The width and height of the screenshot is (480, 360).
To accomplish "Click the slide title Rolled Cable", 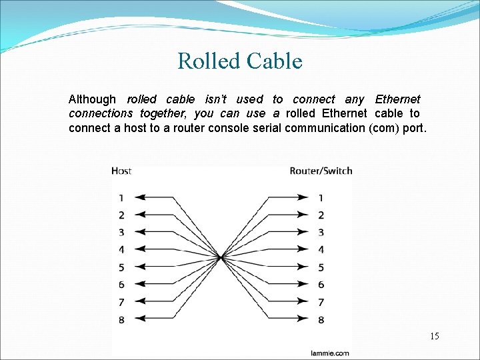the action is point(240,61).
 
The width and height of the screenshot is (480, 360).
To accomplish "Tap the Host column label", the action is point(121,171).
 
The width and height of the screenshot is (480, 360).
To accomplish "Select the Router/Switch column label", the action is point(321,171).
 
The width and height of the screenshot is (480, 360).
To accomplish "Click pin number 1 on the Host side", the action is point(121,197).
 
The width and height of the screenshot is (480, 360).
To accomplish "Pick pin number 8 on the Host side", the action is point(121,319).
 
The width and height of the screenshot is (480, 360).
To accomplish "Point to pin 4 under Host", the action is point(121,249).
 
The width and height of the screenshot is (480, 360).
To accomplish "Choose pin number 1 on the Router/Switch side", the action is point(321,197).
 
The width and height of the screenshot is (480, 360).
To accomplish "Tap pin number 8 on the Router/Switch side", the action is point(321,319).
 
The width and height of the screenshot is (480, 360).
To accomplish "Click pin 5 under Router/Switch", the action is point(321,267).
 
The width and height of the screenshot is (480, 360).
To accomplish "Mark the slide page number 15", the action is point(434,336).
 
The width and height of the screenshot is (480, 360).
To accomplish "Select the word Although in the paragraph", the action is point(92,99).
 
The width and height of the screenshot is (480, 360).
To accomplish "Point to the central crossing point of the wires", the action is point(221,257).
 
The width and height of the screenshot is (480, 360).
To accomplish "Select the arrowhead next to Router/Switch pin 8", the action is point(304,319).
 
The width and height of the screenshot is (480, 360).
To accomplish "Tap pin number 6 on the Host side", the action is point(121,285).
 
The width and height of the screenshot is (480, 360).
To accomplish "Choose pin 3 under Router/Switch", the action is point(321,232).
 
